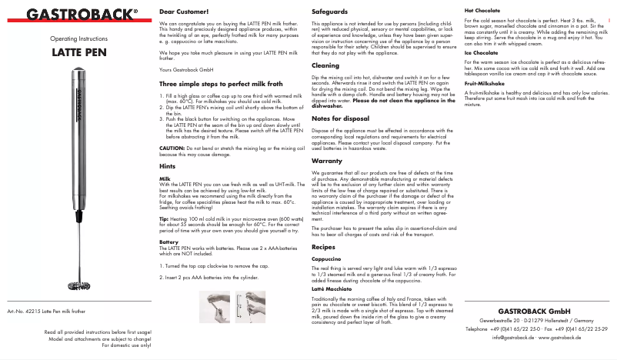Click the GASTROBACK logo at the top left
click(74, 13)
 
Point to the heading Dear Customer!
click(183, 13)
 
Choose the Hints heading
click(167, 166)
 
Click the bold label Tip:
click(164, 218)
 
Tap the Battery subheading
click(168, 242)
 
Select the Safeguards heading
click(330, 13)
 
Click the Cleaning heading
click(325, 66)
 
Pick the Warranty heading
click(327, 161)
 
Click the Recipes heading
click(324, 247)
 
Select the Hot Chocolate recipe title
click(482, 10)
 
